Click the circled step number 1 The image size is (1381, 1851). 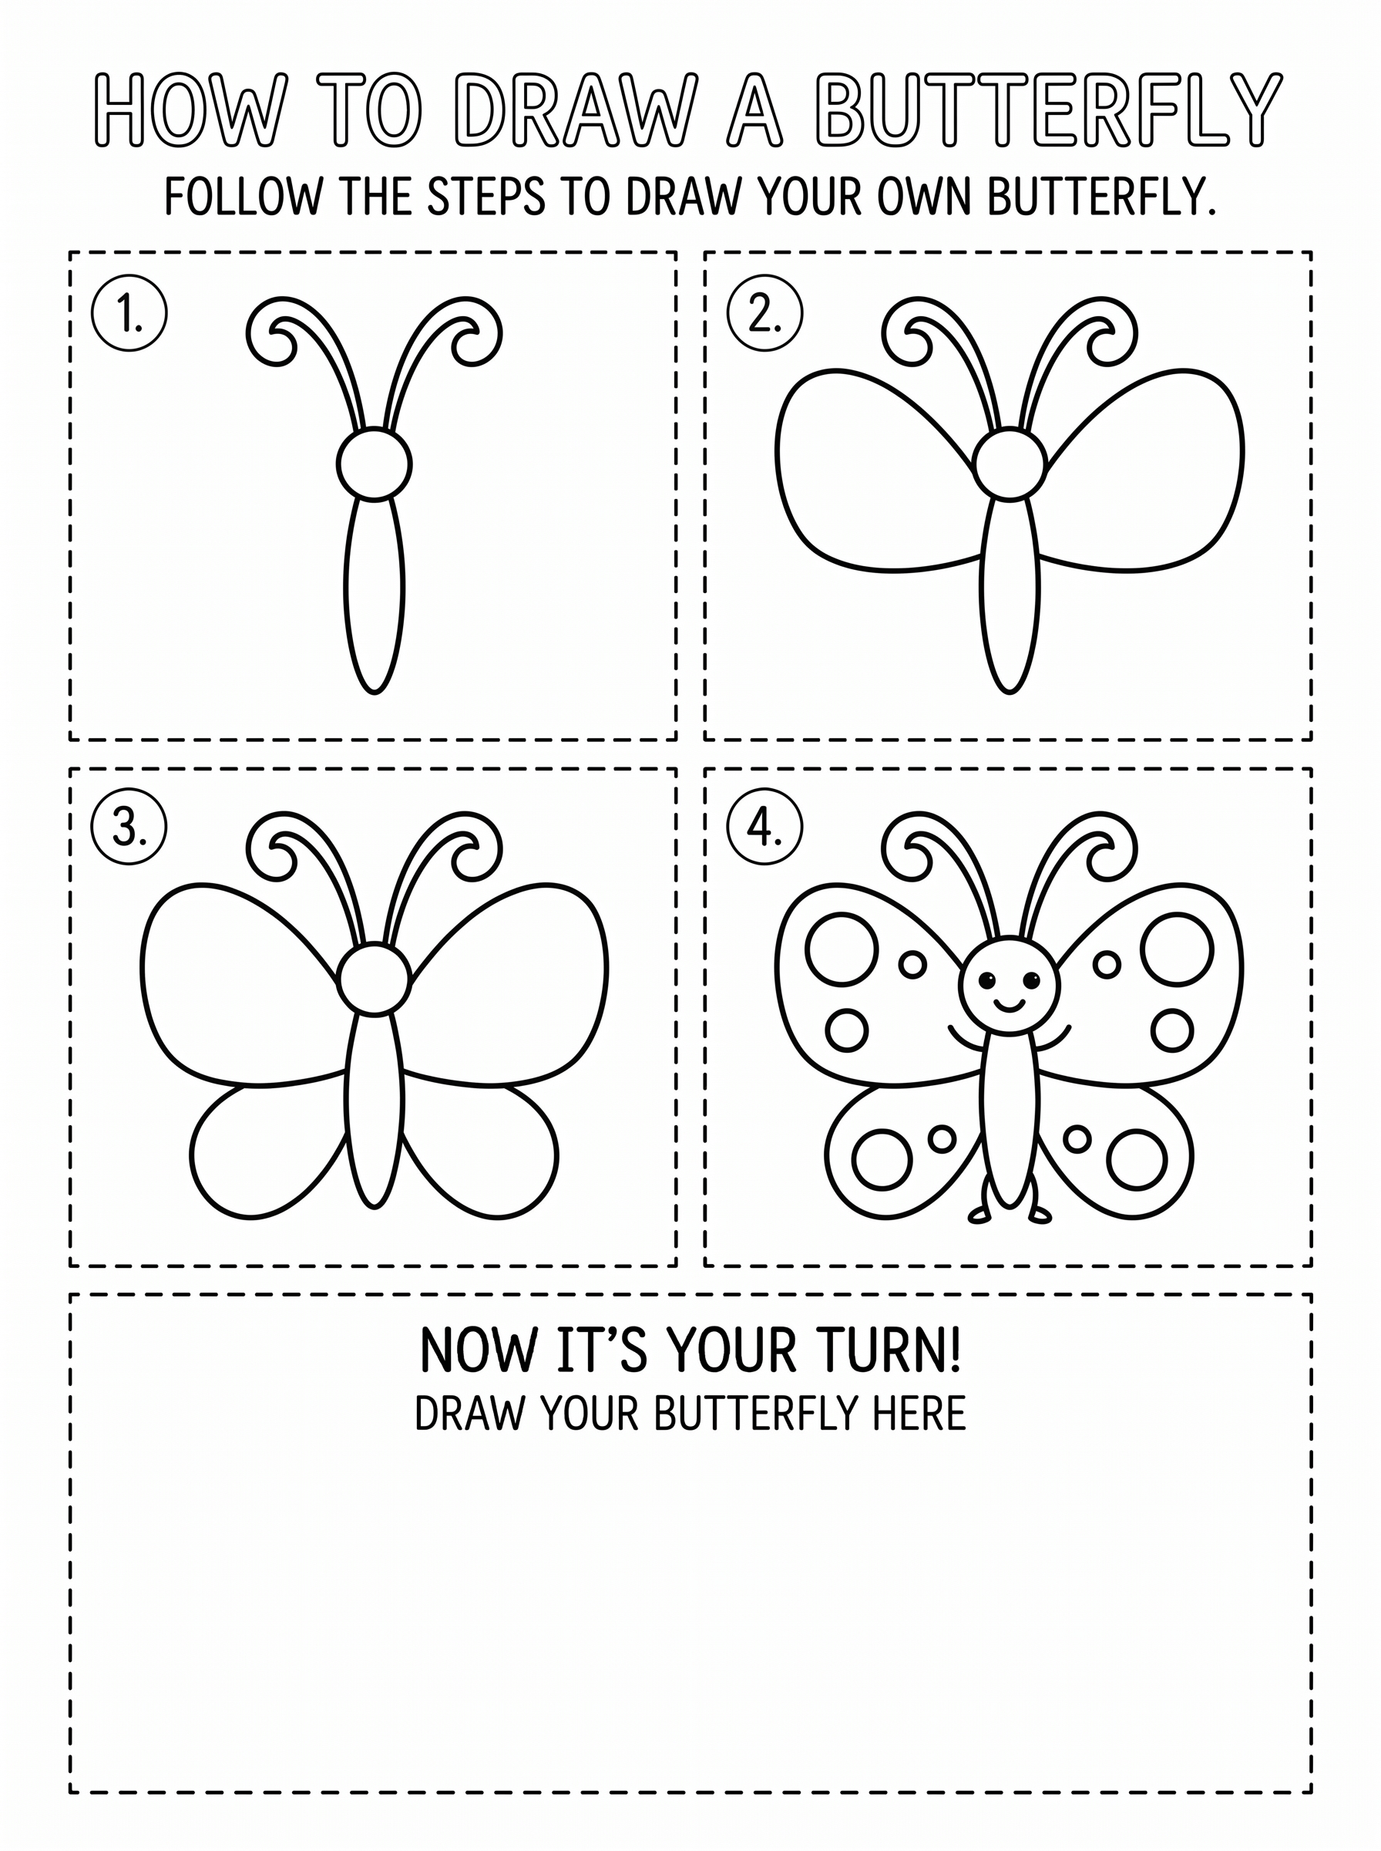pos(129,314)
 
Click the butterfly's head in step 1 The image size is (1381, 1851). pos(375,464)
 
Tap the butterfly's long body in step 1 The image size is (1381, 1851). pos(375,595)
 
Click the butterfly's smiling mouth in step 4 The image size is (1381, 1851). pos(1009,1003)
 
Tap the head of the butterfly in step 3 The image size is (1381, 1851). pos(375,979)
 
